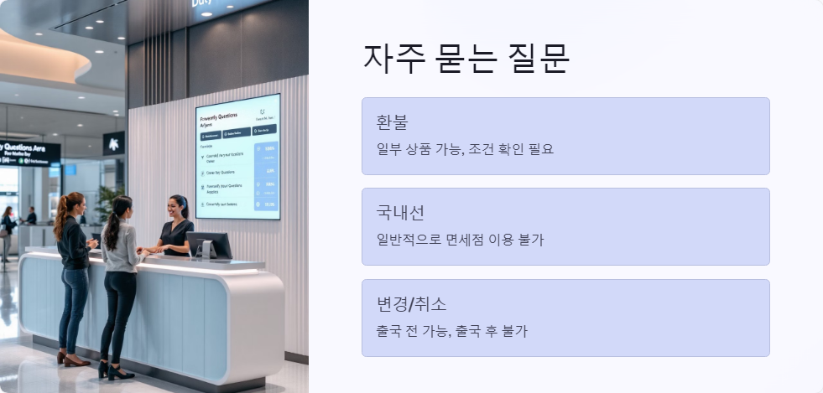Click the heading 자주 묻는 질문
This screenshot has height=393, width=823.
[466, 59]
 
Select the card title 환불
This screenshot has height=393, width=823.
[392, 122]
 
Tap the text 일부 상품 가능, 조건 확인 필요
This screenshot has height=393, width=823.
[465, 149]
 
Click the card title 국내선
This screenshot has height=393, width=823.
[400, 213]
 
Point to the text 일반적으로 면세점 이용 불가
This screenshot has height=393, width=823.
[460, 240]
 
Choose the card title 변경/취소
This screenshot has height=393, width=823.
[411, 303]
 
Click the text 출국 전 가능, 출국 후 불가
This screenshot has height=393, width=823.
[451, 331]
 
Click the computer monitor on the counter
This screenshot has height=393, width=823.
[208, 244]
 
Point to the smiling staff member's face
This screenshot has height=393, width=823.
[179, 207]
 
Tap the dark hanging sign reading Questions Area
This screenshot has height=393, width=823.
[30, 152]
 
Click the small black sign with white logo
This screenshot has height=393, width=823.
[113, 143]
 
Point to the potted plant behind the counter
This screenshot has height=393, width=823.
[106, 201]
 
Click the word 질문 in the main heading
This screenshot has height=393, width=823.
[540, 59]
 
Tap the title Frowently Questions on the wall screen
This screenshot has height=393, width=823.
[219, 118]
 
